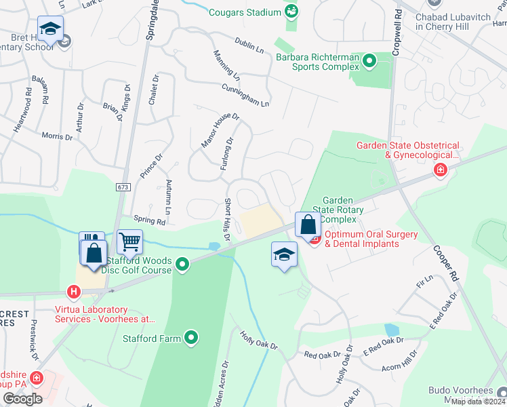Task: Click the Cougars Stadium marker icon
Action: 291,11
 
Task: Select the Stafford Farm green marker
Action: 192,336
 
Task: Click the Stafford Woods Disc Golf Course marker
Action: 182,264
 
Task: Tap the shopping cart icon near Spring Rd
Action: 129,240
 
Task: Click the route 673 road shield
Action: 122,187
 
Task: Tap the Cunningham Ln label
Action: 245,95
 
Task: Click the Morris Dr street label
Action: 57,136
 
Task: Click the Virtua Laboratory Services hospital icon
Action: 74,292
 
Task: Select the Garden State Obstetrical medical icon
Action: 441,169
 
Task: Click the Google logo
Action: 22,399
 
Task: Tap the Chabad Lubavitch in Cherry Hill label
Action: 451,21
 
